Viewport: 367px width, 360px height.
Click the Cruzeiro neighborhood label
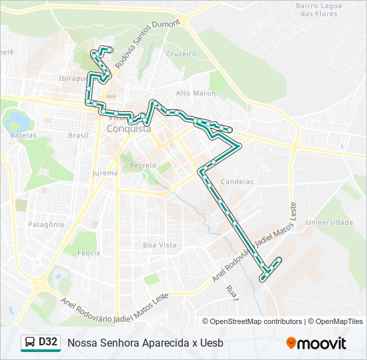pyautogui.click(x=180, y=53)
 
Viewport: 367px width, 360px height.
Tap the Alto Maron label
pyautogui.click(x=196, y=93)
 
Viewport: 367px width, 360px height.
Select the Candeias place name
pyautogui.click(x=236, y=181)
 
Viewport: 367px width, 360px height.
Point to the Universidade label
pyautogui.click(x=329, y=222)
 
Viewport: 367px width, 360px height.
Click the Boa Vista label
pyautogui.click(x=160, y=245)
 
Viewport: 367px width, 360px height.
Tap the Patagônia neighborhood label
pyautogui.click(x=46, y=225)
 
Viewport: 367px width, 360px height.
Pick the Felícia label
pyautogui.click(x=89, y=253)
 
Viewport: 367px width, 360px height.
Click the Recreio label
pyautogui.click(x=143, y=165)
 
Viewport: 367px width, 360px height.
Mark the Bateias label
pyautogui.click(x=23, y=135)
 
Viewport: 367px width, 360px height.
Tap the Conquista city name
pyautogui.click(x=128, y=129)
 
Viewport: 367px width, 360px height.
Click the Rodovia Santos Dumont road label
pyautogui.click(x=147, y=44)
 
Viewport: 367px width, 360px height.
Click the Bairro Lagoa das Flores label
pyautogui.click(x=319, y=9)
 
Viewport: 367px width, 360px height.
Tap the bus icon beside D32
pyautogui.click(x=29, y=343)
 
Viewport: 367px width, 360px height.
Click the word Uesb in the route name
pyautogui.click(x=212, y=343)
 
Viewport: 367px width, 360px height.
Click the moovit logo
pyautogui.click(x=316, y=343)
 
